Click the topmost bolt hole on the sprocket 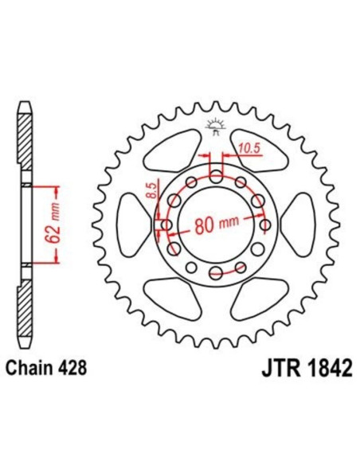(x=216, y=176)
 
